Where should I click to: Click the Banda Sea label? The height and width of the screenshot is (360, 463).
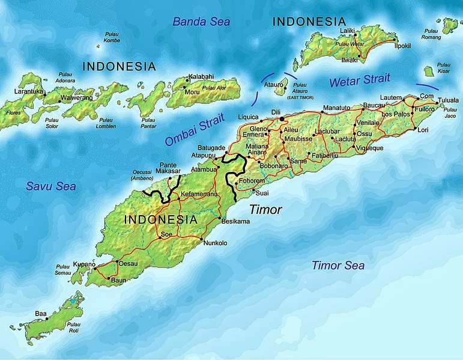201,22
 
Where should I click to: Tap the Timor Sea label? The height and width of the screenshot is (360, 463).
337,265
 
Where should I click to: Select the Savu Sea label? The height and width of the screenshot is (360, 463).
50,186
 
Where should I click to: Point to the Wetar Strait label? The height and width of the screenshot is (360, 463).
359,81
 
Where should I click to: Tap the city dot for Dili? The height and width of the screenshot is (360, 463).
281,119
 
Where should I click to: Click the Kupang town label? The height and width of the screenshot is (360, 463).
84,263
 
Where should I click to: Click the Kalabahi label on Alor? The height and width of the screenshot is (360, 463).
201,76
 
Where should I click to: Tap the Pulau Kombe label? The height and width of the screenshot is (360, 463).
112,37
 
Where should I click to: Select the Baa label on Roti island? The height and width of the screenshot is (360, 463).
41,314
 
